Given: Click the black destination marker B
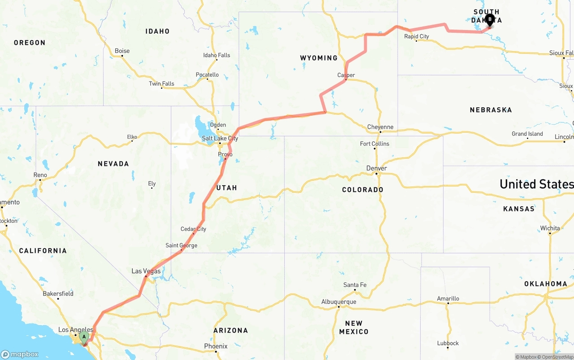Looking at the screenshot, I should pyautogui.click(x=490, y=20).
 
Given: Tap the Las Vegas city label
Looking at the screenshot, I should pyautogui.click(x=146, y=271).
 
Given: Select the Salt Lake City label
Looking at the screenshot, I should pyautogui.click(x=220, y=138).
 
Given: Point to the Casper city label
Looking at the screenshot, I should pyautogui.click(x=346, y=75).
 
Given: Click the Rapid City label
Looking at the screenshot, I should pyautogui.click(x=416, y=36).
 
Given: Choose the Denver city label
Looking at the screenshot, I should pyautogui.click(x=376, y=168).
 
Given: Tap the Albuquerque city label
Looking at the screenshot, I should pyautogui.click(x=339, y=302).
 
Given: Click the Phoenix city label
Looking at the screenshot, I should pyautogui.click(x=216, y=346).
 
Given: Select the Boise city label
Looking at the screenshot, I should pyautogui.click(x=122, y=51).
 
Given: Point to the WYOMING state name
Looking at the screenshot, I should pyautogui.click(x=318, y=58).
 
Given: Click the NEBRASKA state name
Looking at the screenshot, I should pyautogui.click(x=491, y=110).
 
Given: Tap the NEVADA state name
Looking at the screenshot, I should pyautogui.click(x=113, y=164).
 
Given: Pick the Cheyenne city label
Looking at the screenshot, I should pyautogui.click(x=380, y=127).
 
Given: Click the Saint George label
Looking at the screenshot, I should pyautogui.click(x=181, y=245).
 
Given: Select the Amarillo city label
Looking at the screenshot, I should pyautogui.click(x=448, y=299).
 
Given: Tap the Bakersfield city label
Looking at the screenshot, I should pyautogui.click(x=58, y=294).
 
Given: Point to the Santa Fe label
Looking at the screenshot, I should pyautogui.click(x=355, y=285).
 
